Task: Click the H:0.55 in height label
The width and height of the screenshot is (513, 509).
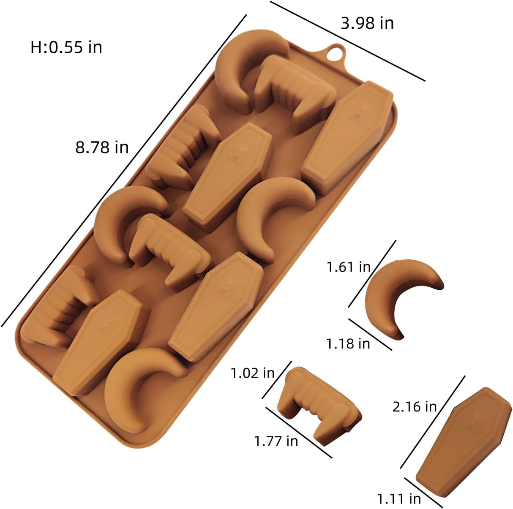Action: pos(66,47)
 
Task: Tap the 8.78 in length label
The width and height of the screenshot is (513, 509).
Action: pos(102,147)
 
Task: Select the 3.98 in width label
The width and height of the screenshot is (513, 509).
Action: pos(367,23)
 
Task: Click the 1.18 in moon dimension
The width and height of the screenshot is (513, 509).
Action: pos(348,343)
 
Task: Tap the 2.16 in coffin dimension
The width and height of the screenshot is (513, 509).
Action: pos(415,407)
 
